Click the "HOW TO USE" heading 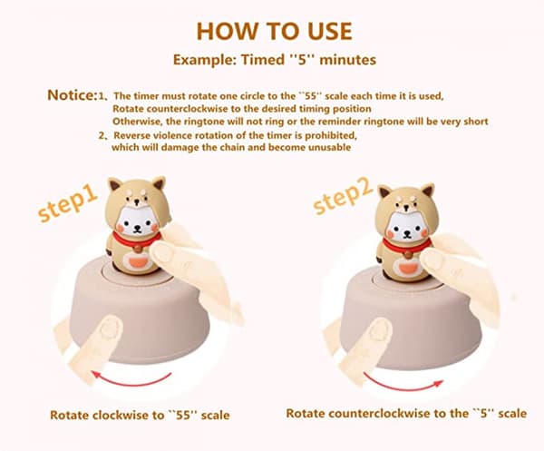[274, 31]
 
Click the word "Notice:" [72, 95]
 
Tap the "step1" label [68, 202]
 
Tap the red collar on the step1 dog [136, 240]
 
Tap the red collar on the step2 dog [406, 244]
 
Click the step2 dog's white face [406, 227]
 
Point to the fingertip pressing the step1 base [111, 327]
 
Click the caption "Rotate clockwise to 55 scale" [140, 415]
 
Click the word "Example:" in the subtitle [205, 60]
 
